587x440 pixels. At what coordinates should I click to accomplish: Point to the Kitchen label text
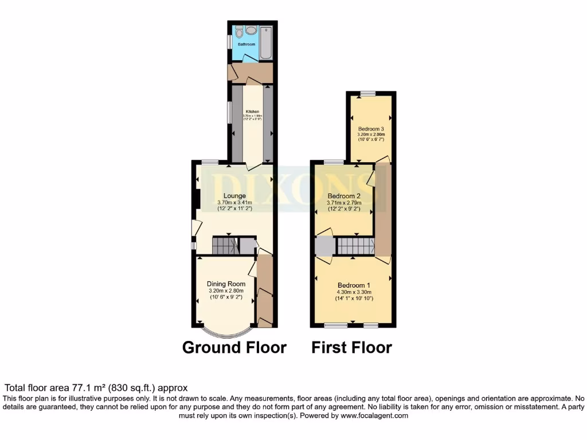coord(252,111)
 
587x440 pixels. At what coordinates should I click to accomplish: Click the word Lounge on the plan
coord(235,196)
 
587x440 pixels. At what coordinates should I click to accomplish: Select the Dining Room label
coord(226,284)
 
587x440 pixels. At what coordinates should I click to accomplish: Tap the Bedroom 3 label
coord(371,128)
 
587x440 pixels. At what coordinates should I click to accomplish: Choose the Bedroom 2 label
coord(344,196)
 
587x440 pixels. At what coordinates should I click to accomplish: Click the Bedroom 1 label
coord(354,285)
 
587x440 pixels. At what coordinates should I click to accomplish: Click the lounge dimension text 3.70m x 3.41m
coord(235,203)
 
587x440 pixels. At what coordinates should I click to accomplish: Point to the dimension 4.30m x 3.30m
coord(354,292)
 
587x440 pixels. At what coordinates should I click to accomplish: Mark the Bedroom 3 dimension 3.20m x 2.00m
coord(371,135)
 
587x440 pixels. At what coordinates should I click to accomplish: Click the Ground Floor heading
coord(234,347)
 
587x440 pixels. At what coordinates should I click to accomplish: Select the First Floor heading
coord(352,347)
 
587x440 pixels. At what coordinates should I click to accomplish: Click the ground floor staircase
coord(224,246)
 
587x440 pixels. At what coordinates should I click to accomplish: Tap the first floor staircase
coord(355,246)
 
